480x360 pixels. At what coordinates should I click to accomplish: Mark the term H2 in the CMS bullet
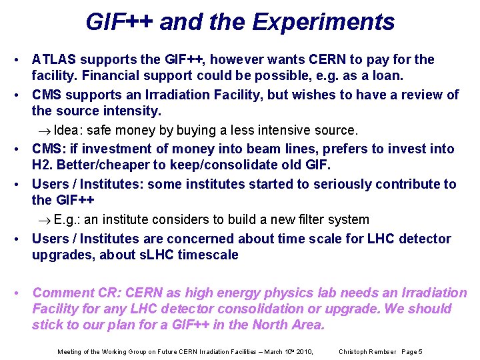click(42, 166)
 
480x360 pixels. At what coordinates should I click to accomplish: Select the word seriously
click(318, 184)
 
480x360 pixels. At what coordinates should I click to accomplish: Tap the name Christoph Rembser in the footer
click(367, 351)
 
